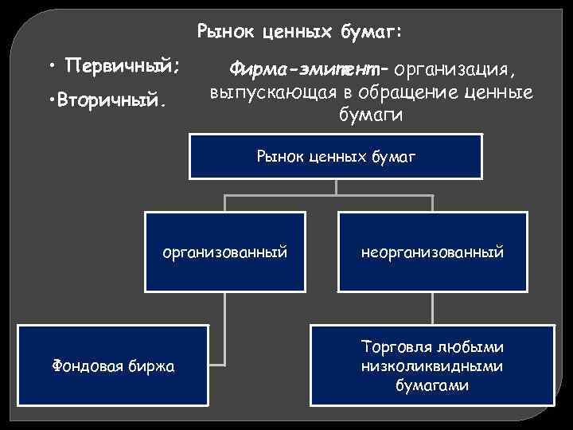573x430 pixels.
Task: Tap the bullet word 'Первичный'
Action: (119, 64)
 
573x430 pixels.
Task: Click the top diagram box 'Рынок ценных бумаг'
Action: (336, 156)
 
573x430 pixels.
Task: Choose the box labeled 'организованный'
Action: (224, 252)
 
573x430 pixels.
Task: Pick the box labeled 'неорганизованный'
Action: (432, 252)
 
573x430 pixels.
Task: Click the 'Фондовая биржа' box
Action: (114, 365)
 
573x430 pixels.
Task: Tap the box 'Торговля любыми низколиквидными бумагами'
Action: (432, 365)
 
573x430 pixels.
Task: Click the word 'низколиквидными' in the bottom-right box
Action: (432, 366)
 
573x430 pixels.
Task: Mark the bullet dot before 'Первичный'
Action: (50, 64)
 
